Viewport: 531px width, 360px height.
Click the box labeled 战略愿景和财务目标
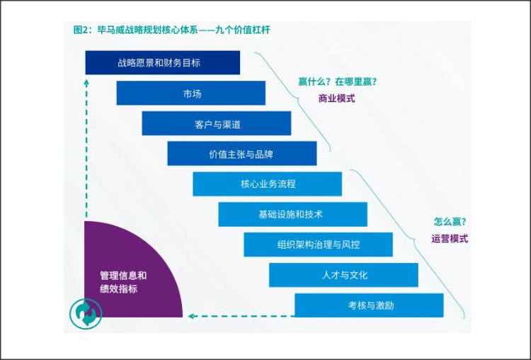[162, 62]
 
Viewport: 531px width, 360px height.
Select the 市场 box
[190, 93]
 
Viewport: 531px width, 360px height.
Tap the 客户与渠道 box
[216, 123]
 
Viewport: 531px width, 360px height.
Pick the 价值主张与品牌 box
[241, 153]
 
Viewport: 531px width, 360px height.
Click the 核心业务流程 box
[267, 184]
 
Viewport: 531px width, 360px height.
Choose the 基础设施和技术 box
[292, 214]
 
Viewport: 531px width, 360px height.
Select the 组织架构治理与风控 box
[318, 244]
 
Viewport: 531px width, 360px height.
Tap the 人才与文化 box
[343, 275]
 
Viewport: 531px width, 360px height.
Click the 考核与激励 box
[369, 305]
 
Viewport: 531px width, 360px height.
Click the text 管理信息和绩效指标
[123, 282]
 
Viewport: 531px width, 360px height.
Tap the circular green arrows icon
[86, 313]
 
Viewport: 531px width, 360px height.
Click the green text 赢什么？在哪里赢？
[337, 81]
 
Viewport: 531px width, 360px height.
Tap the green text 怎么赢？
[449, 222]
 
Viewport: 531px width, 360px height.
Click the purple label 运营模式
[449, 239]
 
